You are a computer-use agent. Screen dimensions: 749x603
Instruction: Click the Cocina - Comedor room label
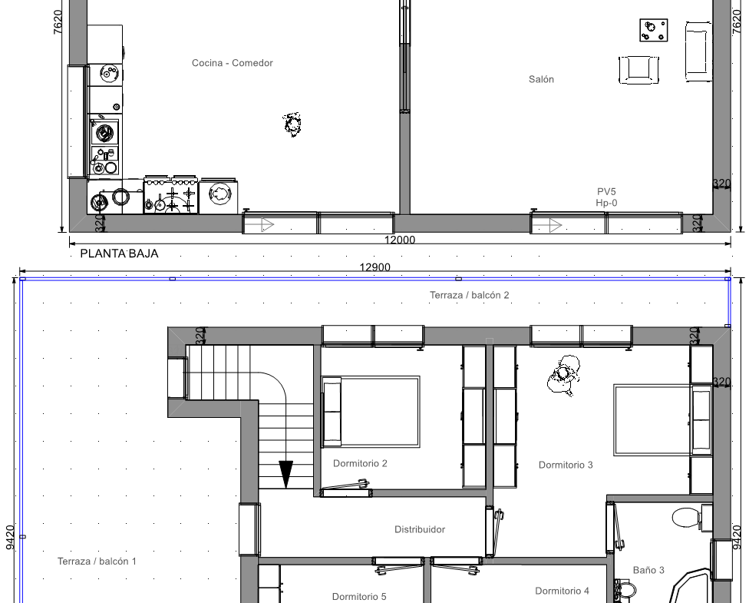click(233, 63)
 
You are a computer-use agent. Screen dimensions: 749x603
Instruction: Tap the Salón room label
click(541, 79)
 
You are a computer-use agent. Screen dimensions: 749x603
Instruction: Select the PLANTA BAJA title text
click(119, 253)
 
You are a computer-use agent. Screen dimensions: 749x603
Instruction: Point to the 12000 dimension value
click(400, 240)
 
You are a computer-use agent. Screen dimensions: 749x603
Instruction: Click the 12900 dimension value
click(375, 267)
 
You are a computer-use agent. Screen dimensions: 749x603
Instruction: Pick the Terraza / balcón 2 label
click(470, 295)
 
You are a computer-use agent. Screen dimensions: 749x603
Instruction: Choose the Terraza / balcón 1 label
click(97, 561)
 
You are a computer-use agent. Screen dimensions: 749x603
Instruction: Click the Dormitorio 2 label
click(360, 463)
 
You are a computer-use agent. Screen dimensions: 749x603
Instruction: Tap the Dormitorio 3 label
click(566, 465)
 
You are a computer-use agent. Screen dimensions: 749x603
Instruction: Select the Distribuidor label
click(420, 529)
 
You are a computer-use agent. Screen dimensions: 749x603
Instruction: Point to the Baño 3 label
click(648, 570)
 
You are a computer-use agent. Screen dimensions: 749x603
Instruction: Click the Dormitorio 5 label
click(359, 596)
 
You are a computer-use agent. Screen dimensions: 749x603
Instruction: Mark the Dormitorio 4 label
click(562, 591)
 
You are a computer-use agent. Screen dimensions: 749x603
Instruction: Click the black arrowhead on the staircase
click(285, 474)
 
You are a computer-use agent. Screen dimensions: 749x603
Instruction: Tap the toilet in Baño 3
click(686, 518)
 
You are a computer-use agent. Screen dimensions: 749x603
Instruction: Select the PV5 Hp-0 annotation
click(606, 197)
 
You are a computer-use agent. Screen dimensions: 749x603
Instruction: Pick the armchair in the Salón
click(638, 70)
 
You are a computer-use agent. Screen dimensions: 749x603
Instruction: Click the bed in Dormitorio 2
click(371, 412)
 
